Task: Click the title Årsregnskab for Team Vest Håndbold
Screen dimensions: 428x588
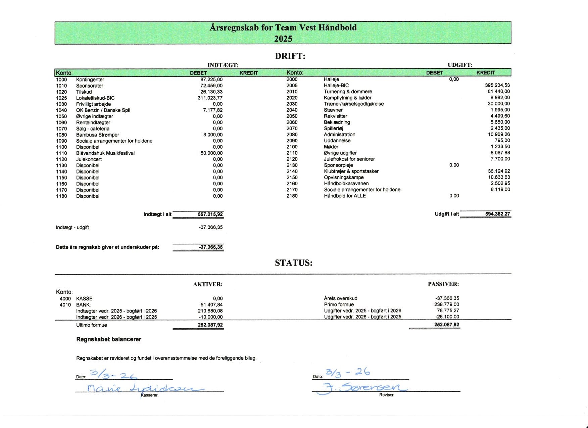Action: (283, 28)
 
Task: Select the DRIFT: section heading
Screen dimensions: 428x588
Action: (290, 56)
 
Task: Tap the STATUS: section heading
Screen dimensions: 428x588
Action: (293, 263)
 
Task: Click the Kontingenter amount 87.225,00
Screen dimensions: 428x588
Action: (211, 80)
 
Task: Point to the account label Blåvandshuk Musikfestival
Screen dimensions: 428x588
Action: (105, 153)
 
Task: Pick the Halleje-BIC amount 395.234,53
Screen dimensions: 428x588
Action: (497, 85)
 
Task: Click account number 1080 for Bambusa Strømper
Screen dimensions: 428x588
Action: (61, 135)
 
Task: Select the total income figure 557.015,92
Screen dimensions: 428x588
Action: (210, 214)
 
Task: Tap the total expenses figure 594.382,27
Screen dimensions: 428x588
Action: (497, 214)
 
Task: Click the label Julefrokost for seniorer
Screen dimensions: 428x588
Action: (349, 159)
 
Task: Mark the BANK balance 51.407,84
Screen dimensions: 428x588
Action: (211, 305)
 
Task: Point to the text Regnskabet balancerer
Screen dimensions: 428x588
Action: (109, 339)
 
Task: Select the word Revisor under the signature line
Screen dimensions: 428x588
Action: (386, 395)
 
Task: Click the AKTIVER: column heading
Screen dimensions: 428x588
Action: (207, 284)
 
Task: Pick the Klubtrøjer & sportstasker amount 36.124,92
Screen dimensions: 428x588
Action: (499, 171)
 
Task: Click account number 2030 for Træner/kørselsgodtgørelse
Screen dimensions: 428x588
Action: (292, 104)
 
